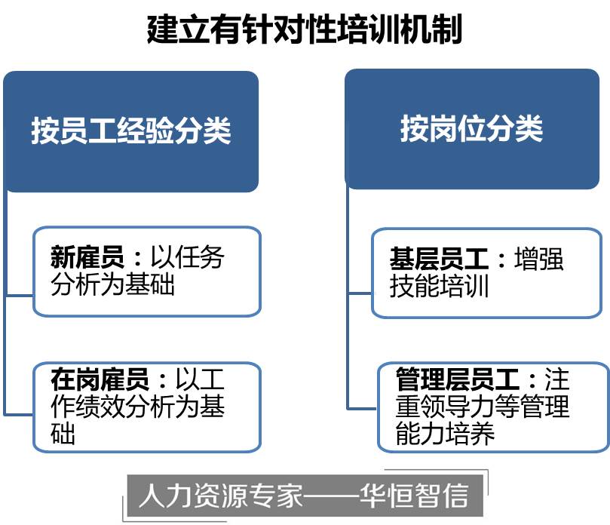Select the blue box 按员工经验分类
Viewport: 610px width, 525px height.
pos(131,130)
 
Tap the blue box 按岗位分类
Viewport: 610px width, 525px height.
pos(472,129)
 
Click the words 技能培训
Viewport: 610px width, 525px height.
pos(439,287)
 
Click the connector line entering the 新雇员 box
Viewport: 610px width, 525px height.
pos(19,295)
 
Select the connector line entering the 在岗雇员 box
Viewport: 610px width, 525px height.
pos(19,414)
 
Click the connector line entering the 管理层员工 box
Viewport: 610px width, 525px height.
pos(362,408)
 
